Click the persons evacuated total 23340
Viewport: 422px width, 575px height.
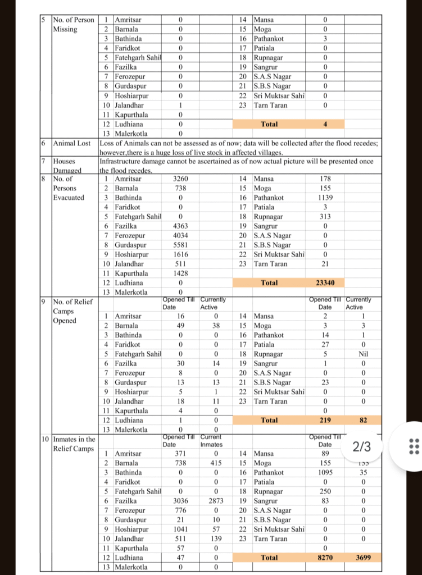(x=325, y=283)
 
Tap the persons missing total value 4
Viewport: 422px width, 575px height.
(x=325, y=124)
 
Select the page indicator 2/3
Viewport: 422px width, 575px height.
(x=361, y=447)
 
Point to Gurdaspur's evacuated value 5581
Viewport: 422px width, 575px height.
(x=180, y=245)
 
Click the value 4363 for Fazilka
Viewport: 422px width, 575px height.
(x=180, y=226)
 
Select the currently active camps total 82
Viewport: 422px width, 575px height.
(x=362, y=420)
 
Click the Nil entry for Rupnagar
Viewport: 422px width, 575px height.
(x=362, y=354)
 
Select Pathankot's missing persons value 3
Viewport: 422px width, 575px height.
(x=325, y=39)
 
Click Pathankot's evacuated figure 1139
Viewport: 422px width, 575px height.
(x=325, y=198)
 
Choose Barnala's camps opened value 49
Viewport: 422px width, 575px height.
(x=180, y=326)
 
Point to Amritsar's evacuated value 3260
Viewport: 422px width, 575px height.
(x=180, y=179)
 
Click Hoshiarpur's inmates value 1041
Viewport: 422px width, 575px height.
(x=180, y=529)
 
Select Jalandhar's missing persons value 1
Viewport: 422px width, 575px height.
(x=180, y=105)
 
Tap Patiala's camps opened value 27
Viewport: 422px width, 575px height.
(x=325, y=345)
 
